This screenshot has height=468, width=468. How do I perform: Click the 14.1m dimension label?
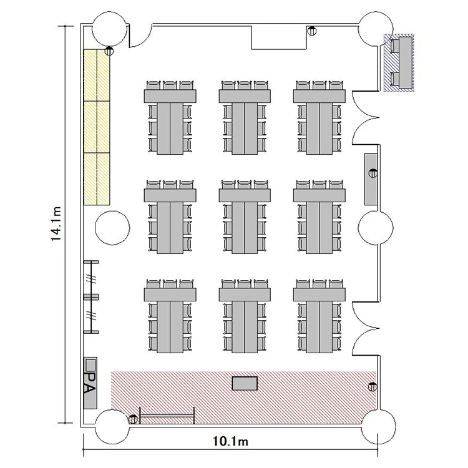[56, 224]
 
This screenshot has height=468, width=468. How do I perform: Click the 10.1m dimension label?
[230, 441]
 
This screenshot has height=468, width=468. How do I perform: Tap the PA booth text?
[90, 383]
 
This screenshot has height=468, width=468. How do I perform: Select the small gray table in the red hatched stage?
[245, 383]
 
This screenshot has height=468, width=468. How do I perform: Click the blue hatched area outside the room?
[399, 62]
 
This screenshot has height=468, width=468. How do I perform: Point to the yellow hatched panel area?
[97, 127]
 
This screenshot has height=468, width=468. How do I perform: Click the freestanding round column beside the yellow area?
[112, 228]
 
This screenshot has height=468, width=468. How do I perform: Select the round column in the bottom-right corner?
[379, 427]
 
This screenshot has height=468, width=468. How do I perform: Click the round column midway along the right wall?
[376, 228]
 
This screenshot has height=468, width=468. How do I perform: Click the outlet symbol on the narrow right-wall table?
[373, 173]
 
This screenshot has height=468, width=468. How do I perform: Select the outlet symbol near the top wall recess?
[312, 31]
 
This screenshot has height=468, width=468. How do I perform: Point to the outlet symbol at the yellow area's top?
[109, 51]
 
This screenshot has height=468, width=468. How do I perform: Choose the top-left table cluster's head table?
[170, 96]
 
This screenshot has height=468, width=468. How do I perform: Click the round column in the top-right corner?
[376, 29]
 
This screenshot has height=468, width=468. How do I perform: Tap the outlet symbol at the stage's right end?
[373, 387]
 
